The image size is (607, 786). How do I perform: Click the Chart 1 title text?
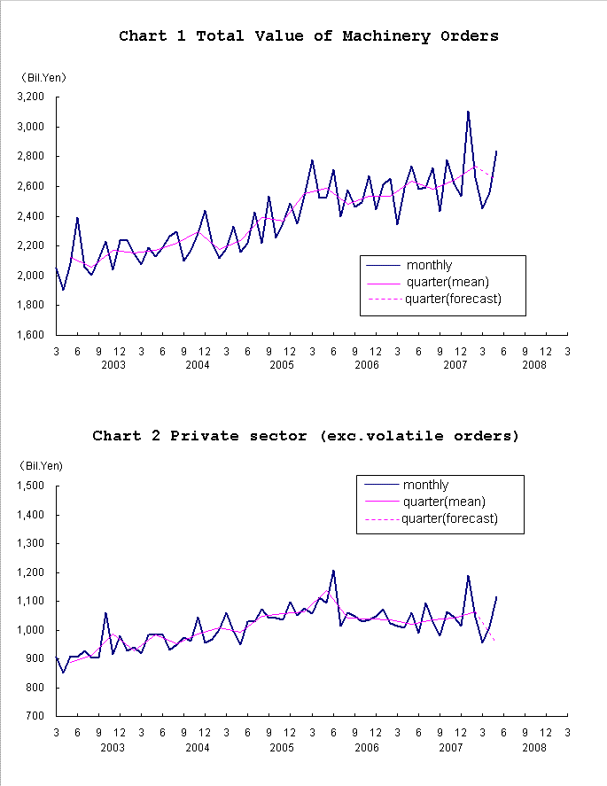[308, 36]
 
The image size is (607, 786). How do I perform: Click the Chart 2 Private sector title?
[306, 436]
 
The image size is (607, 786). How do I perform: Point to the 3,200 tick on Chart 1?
[30, 97]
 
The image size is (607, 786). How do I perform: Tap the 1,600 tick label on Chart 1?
[30, 335]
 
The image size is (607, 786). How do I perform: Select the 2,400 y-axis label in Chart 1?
[30, 216]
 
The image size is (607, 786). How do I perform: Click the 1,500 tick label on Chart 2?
[30, 486]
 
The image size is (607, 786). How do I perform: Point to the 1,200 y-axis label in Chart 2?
[30, 572]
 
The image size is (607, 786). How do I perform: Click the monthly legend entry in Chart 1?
[429, 265]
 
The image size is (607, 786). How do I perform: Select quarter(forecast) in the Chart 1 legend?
[453, 299]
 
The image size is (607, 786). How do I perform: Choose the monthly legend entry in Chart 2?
[425, 485]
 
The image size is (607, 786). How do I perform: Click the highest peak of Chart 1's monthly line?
[468, 112]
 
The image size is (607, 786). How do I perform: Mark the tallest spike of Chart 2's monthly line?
[333, 571]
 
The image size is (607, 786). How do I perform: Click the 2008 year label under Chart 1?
[534, 365]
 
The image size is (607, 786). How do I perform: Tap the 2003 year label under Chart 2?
[113, 748]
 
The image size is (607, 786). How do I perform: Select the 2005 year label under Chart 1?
[282, 365]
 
